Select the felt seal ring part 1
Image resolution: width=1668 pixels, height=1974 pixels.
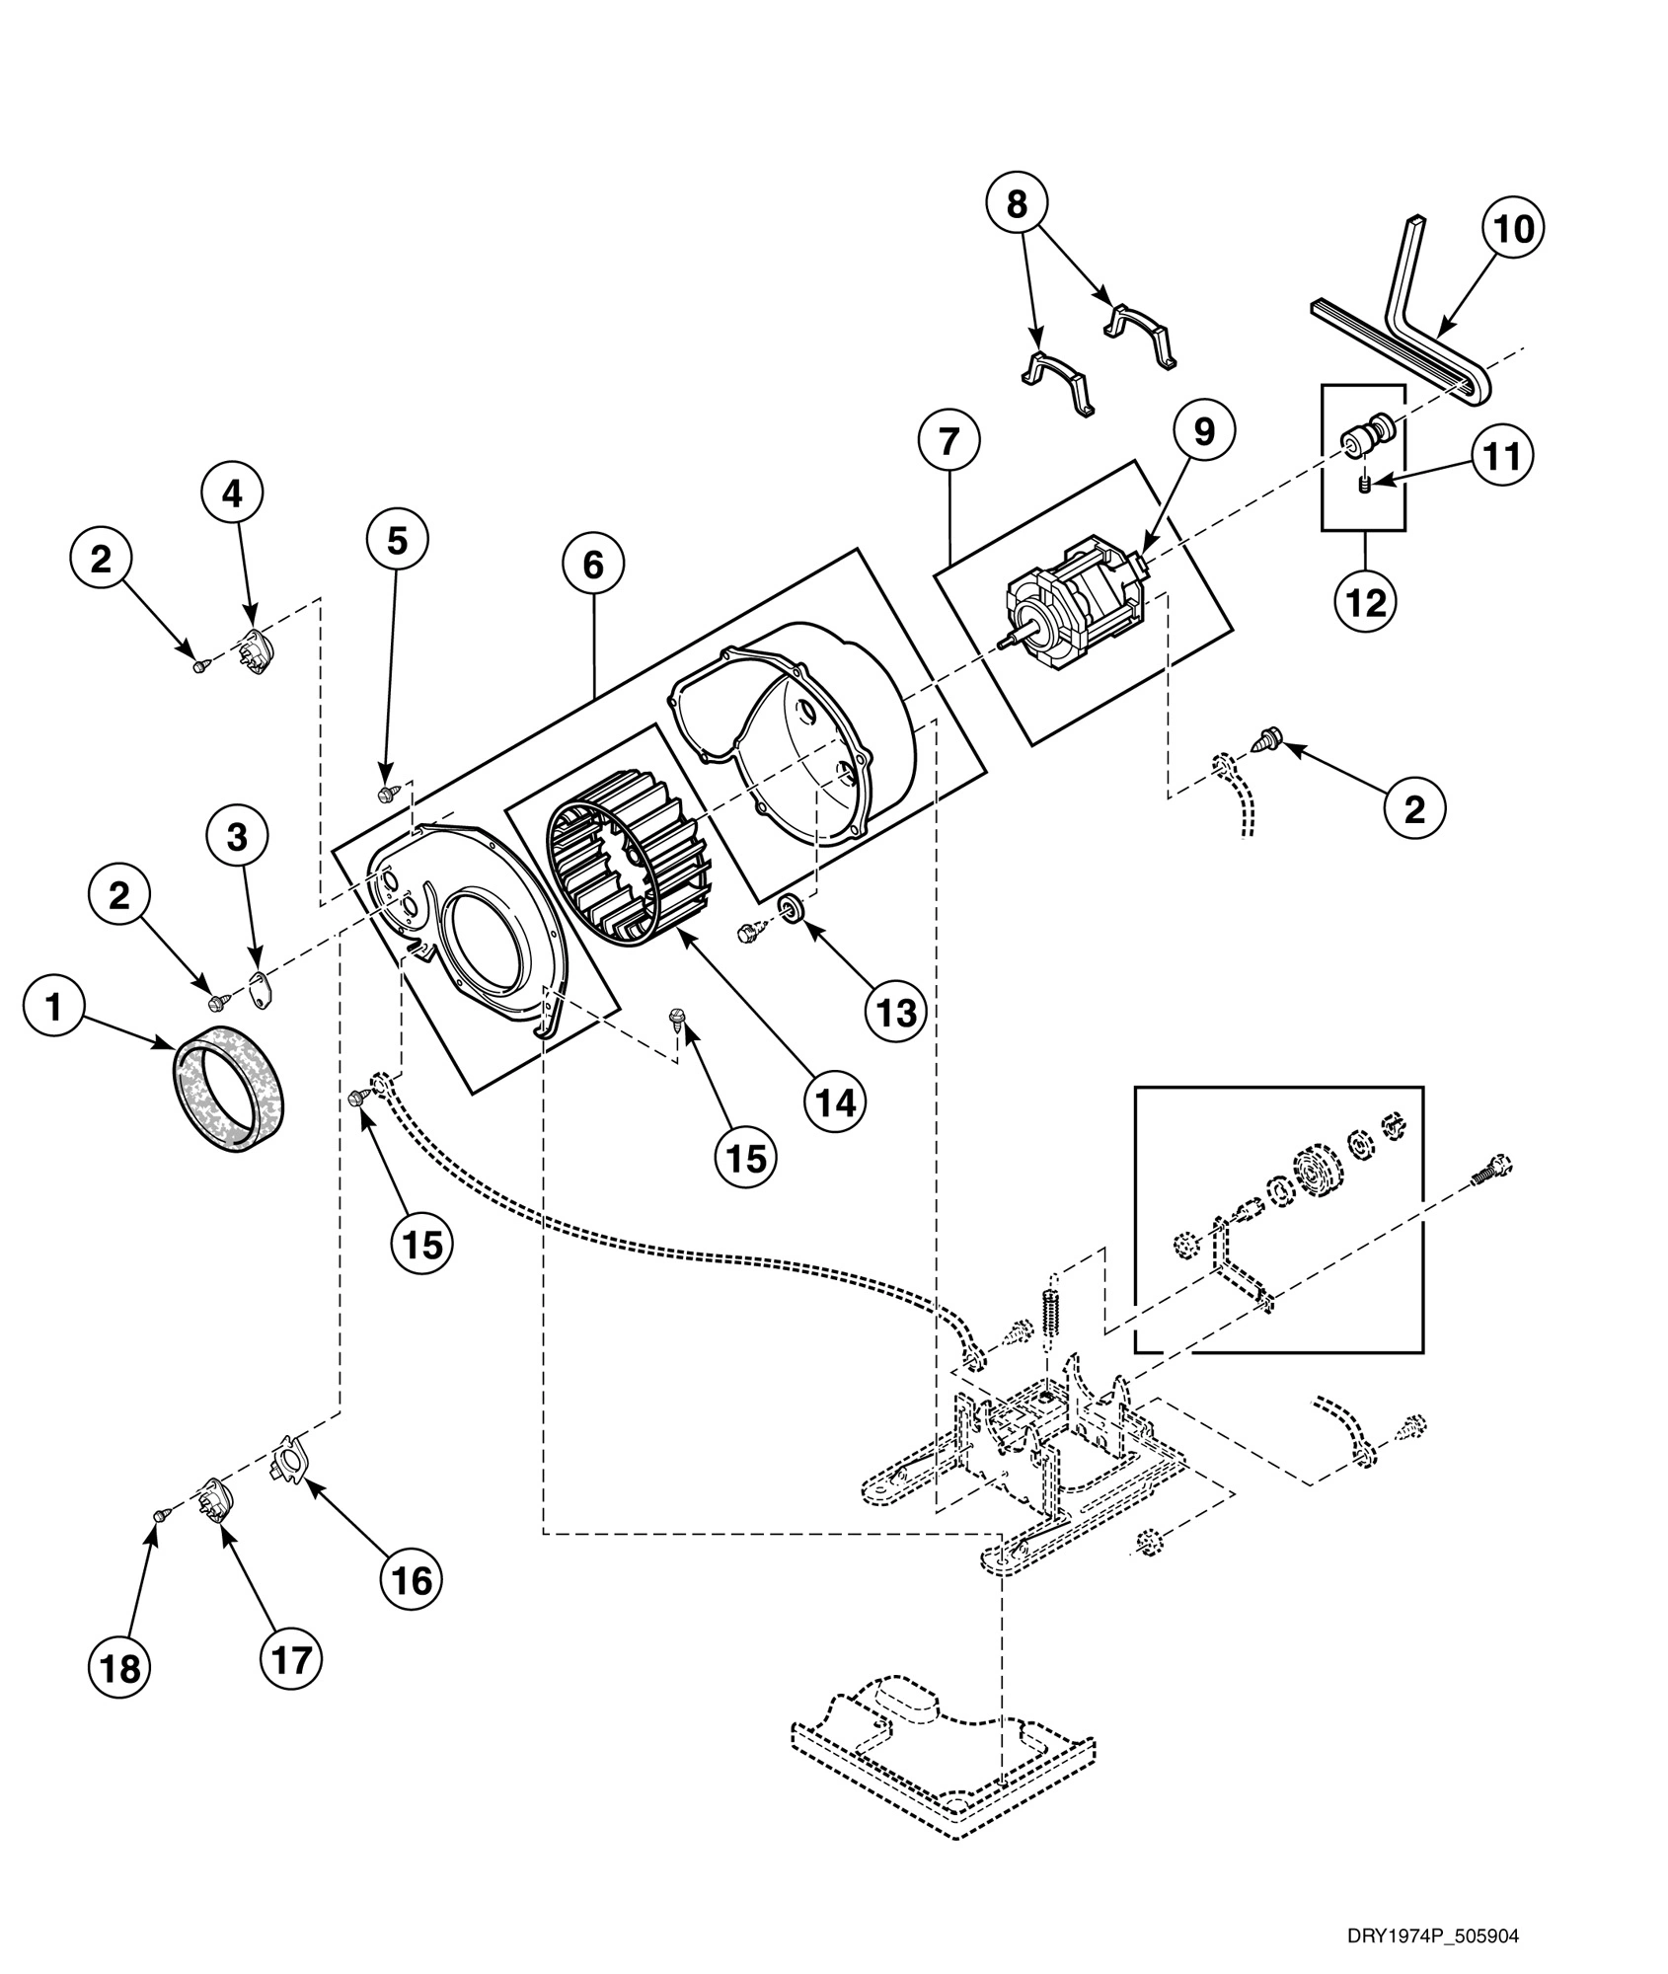229,1087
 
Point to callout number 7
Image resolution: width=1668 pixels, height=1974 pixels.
948,443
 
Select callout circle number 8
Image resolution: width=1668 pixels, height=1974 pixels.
1017,204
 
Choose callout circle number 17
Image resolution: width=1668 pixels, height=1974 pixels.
292,1659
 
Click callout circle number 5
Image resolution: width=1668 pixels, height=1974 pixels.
397,541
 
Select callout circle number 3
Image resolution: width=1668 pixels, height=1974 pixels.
237,837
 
